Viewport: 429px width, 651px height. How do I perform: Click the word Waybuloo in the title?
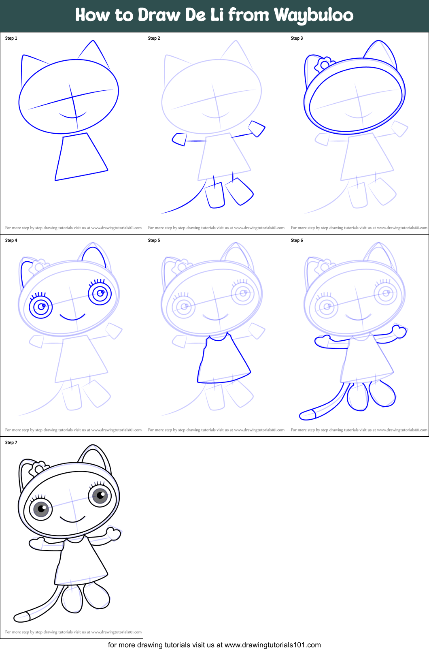point(313,15)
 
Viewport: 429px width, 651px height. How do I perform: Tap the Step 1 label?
point(11,38)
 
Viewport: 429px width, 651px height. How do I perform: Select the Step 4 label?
point(11,240)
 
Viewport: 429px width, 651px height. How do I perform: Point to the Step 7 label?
point(11,442)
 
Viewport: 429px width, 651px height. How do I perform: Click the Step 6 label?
point(297,240)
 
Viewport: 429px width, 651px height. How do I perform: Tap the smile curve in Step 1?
point(73,116)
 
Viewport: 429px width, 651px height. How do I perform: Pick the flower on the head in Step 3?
point(324,64)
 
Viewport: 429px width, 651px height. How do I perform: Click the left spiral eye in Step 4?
point(41,307)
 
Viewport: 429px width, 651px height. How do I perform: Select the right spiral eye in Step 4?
point(100,293)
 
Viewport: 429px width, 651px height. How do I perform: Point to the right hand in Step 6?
point(399,331)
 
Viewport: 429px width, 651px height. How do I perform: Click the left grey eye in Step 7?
point(41,509)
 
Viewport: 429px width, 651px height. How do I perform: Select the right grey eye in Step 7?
point(100,495)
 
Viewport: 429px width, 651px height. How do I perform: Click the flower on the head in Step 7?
point(38,469)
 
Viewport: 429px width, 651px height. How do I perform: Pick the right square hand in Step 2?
point(257,128)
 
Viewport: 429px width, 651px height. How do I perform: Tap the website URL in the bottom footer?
point(272,645)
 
